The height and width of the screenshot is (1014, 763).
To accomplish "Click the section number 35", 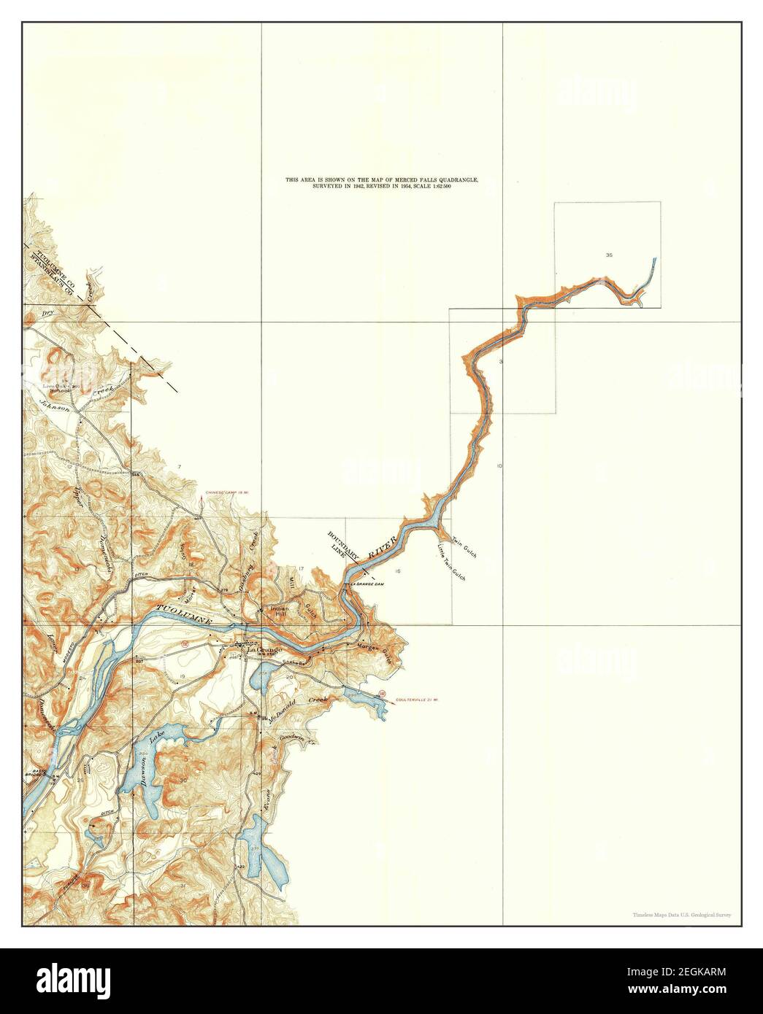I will [x=609, y=255].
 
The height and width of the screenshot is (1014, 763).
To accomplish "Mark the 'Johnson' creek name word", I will [x=53, y=404].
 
